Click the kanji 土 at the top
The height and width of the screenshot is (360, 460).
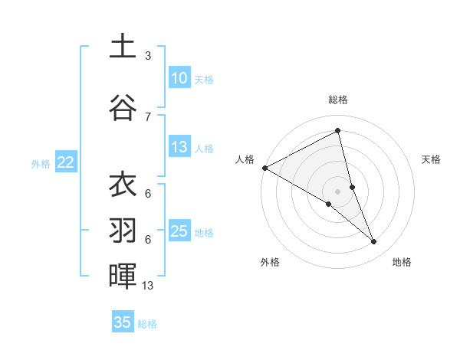coord(123,46)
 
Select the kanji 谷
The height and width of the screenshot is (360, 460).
coord(123,107)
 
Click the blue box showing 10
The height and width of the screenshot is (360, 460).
coord(179,78)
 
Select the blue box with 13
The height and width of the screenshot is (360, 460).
coord(179,147)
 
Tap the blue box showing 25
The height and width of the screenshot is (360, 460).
coord(179,231)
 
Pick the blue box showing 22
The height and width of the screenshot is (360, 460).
coord(65,162)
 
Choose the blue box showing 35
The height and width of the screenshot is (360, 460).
coord(123,322)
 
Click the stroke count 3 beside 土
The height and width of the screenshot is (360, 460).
coord(148,56)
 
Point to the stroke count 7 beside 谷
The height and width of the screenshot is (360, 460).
coord(148,116)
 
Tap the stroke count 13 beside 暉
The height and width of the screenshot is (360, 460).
coord(148,286)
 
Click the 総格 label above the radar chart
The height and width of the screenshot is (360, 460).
coord(338,100)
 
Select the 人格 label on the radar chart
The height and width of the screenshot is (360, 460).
coord(245,159)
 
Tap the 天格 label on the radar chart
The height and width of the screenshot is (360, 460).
coord(432,159)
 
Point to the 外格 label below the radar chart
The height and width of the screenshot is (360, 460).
coord(270,262)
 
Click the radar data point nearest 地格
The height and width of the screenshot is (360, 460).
coord(374,241)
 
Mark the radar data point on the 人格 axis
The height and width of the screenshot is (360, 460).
coord(265,167)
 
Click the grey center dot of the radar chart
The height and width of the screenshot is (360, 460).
coord(338,190)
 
